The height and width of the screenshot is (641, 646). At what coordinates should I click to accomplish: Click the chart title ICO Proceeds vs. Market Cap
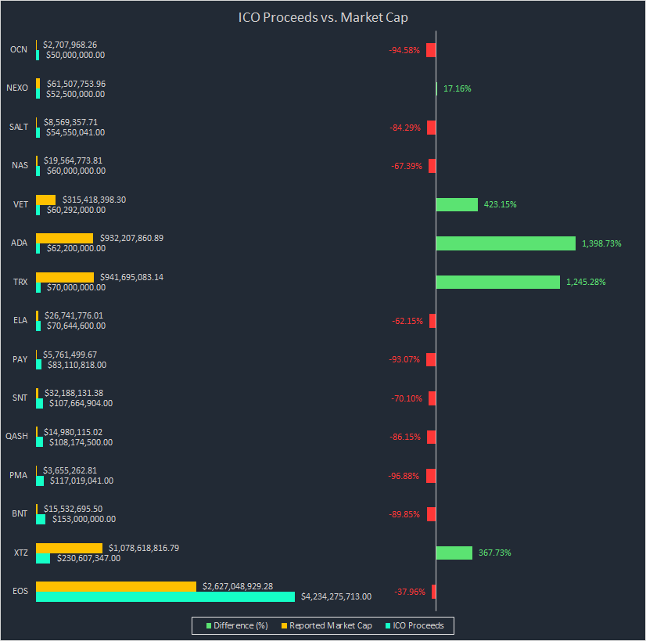click(323, 16)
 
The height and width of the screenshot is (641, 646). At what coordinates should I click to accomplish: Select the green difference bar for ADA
click(505, 243)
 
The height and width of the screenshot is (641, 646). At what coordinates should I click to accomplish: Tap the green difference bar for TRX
click(497, 282)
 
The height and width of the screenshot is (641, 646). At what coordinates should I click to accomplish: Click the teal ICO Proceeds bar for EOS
click(165, 596)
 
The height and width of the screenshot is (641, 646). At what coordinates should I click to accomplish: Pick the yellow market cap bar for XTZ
click(69, 548)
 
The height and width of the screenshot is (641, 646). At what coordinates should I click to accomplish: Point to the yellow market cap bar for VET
click(46, 200)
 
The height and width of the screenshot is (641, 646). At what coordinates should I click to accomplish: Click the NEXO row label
click(16, 88)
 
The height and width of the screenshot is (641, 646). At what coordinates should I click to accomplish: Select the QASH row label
click(16, 437)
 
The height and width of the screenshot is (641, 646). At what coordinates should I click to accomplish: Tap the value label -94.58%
click(404, 50)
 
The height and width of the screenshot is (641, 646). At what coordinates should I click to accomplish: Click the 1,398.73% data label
click(601, 243)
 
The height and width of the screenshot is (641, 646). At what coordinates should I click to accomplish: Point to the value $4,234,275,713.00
click(336, 596)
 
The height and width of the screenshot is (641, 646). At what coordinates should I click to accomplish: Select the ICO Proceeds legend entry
click(415, 625)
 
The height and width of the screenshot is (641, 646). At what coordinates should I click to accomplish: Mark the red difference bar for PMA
click(431, 476)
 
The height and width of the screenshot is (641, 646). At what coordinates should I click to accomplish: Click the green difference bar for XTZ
click(454, 553)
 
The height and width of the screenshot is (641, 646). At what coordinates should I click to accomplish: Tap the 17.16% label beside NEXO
click(457, 88)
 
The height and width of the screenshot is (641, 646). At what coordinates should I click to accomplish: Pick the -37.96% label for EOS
click(410, 592)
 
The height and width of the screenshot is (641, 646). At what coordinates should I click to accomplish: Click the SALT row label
click(19, 127)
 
